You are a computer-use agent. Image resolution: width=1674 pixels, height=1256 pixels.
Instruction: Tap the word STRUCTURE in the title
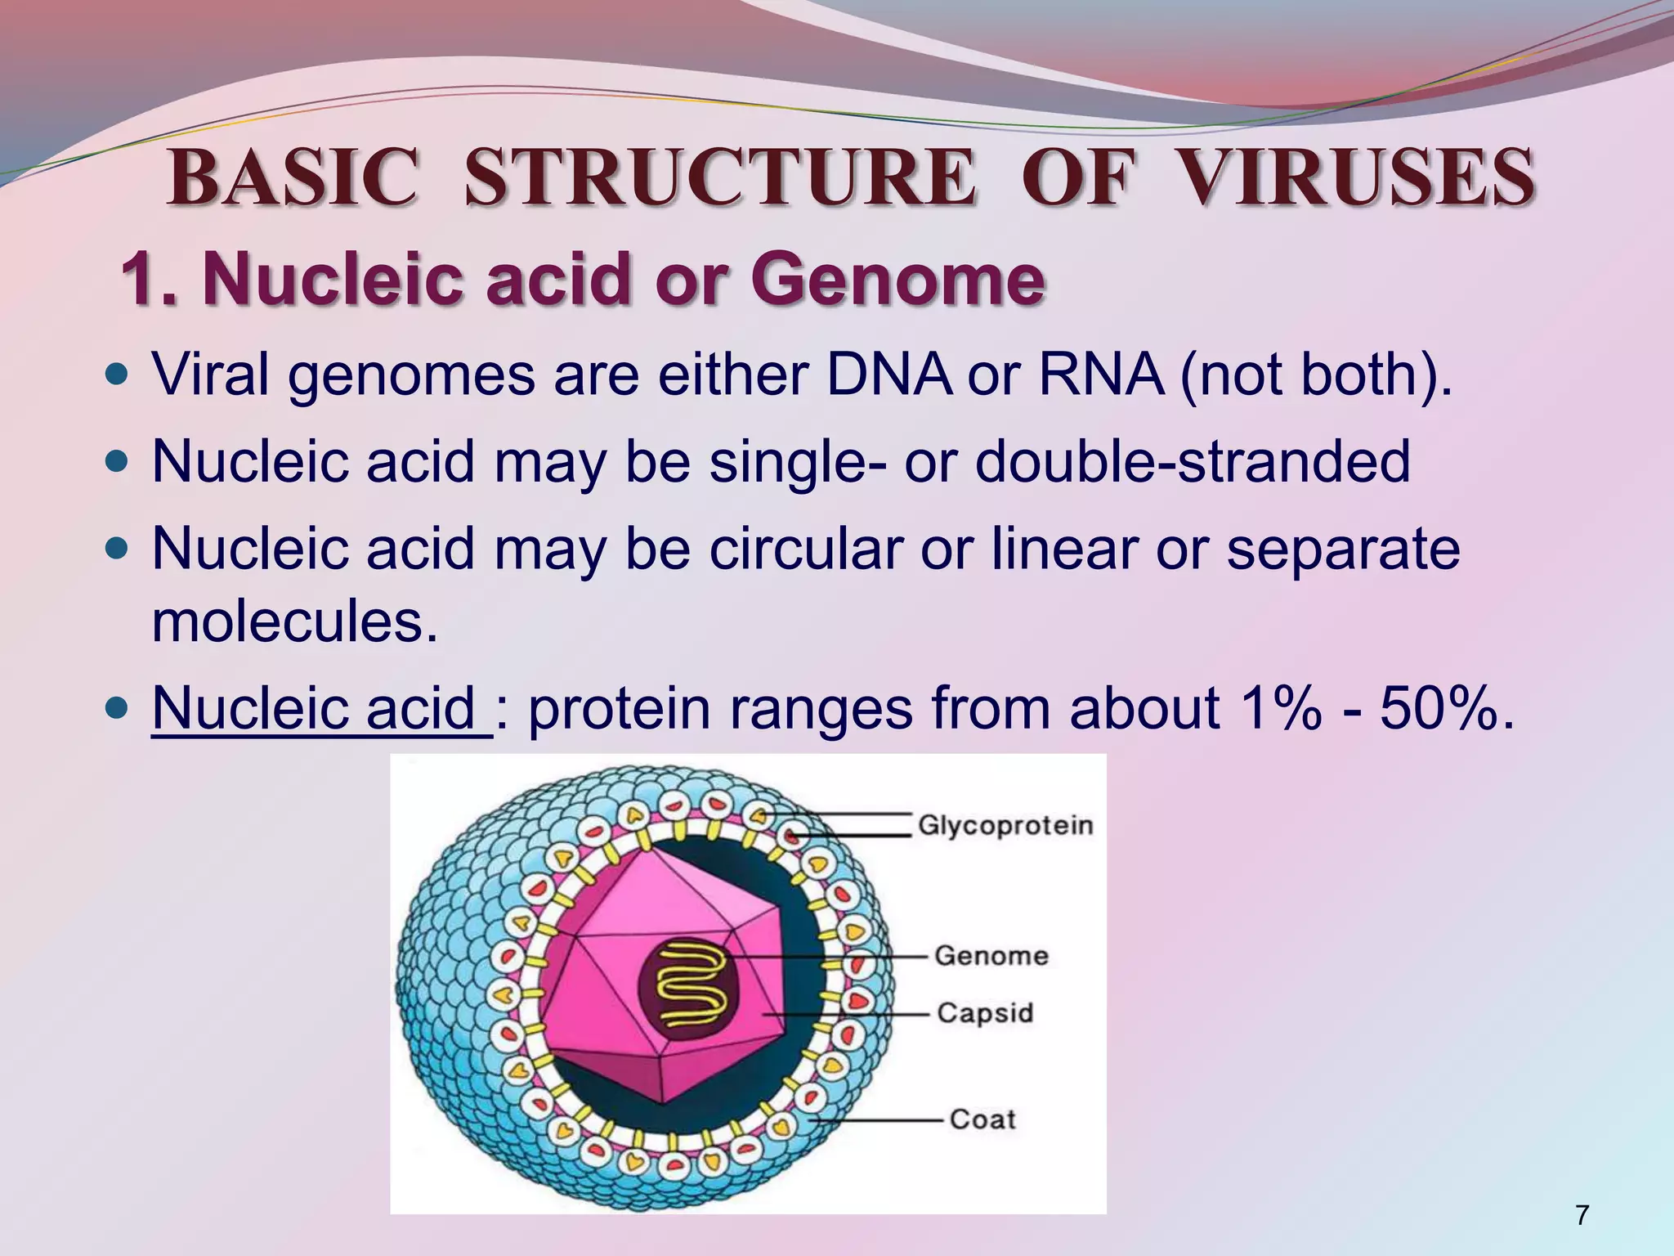pos(719,177)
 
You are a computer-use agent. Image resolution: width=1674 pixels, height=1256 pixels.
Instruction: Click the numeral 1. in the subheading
pos(152,280)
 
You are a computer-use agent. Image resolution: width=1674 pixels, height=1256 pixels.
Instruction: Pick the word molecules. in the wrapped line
pos(295,623)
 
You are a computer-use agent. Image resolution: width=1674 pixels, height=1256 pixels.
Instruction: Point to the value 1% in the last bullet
pos(1279,707)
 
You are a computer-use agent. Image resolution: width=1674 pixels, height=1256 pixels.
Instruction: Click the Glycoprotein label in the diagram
pos(1005,825)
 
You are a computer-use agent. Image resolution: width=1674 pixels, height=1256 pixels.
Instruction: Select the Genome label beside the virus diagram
pos(991,955)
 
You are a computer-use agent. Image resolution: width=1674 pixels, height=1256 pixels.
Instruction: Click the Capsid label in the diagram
pos(985,1012)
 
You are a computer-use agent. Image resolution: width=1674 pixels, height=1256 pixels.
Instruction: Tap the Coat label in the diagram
pos(982,1119)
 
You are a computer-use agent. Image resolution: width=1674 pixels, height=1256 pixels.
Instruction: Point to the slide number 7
pos(1582,1215)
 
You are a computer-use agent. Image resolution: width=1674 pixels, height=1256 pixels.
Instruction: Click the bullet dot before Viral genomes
pos(119,376)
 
